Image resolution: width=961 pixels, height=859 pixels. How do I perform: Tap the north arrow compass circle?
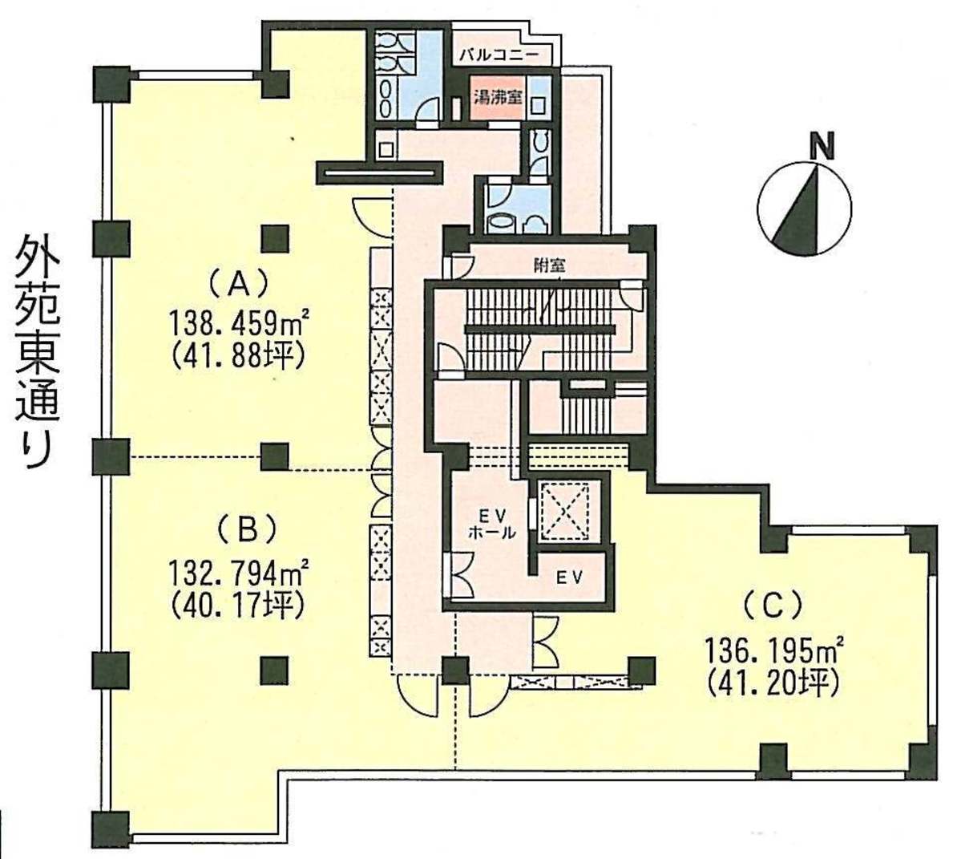click(x=804, y=209)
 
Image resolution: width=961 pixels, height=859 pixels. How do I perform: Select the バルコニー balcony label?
click(x=499, y=55)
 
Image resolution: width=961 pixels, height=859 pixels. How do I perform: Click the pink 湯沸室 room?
click(x=498, y=98)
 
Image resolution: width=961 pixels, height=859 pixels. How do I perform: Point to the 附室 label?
click(x=549, y=265)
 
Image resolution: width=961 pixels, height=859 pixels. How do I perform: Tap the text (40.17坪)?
click(x=239, y=607)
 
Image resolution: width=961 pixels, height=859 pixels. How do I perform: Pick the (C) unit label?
click(x=772, y=606)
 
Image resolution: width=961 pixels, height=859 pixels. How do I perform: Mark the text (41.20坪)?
click(x=772, y=683)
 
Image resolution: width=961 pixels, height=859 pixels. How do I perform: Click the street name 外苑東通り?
click(x=37, y=353)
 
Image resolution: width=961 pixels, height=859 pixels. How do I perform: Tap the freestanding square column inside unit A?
click(x=275, y=238)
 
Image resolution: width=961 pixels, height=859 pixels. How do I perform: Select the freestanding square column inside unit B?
click(x=275, y=670)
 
